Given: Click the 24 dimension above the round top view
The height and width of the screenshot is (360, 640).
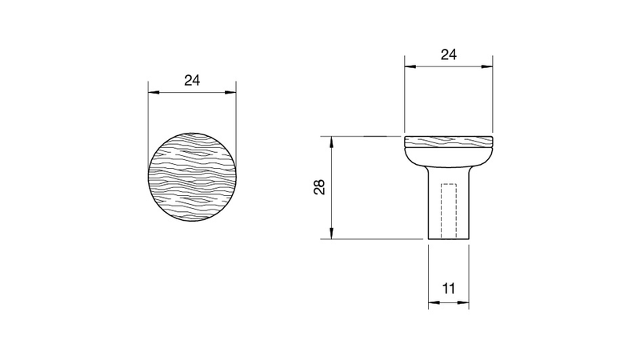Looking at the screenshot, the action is [x=192, y=81].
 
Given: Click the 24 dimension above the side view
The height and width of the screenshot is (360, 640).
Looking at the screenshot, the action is [x=448, y=54].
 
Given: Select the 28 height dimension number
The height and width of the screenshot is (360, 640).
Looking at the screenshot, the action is [x=319, y=187].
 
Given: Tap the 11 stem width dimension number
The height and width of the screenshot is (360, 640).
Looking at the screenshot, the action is [x=449, y=289].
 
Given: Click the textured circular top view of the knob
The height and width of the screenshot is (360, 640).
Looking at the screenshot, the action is [x=192, y=177].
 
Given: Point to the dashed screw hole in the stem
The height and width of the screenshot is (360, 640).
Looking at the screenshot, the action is [x=449, y=211].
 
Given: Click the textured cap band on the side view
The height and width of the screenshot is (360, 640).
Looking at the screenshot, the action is [x=449, y=142].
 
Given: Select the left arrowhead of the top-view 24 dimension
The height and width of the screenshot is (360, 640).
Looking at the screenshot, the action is [x=154, y=93].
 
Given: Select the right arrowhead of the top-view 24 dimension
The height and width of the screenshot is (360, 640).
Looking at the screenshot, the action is [x=230, y=93].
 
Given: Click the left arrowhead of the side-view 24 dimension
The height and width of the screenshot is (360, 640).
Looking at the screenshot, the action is [x=410, y=66].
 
